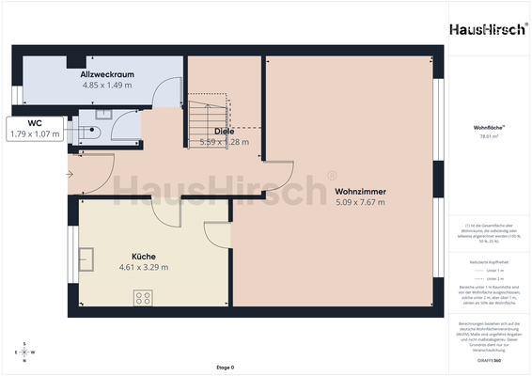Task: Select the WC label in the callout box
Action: click(34, 123)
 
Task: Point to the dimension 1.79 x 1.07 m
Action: click(34, 133)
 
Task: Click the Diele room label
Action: click(224, 132)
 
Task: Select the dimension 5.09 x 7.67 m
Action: click(361, 202)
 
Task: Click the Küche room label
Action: click(144, 256)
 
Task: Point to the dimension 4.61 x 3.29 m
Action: click(144, 267)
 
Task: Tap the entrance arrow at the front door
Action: click(70, 174)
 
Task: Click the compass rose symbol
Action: click(25, 352)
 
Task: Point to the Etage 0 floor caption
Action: click(226, 368)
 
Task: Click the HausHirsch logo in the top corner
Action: click(488, 30)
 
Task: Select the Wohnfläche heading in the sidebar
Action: click(487, 126)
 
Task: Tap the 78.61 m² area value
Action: click(487, 136)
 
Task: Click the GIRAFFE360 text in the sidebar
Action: click(488, 361)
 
